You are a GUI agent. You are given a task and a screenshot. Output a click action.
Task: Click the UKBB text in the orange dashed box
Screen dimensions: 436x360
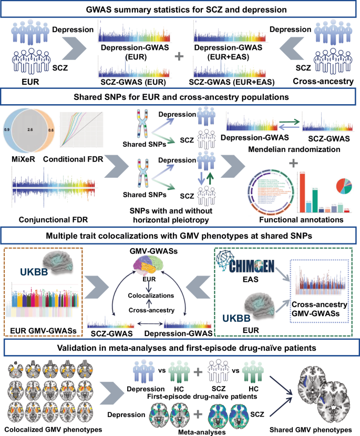pos(39,271)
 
